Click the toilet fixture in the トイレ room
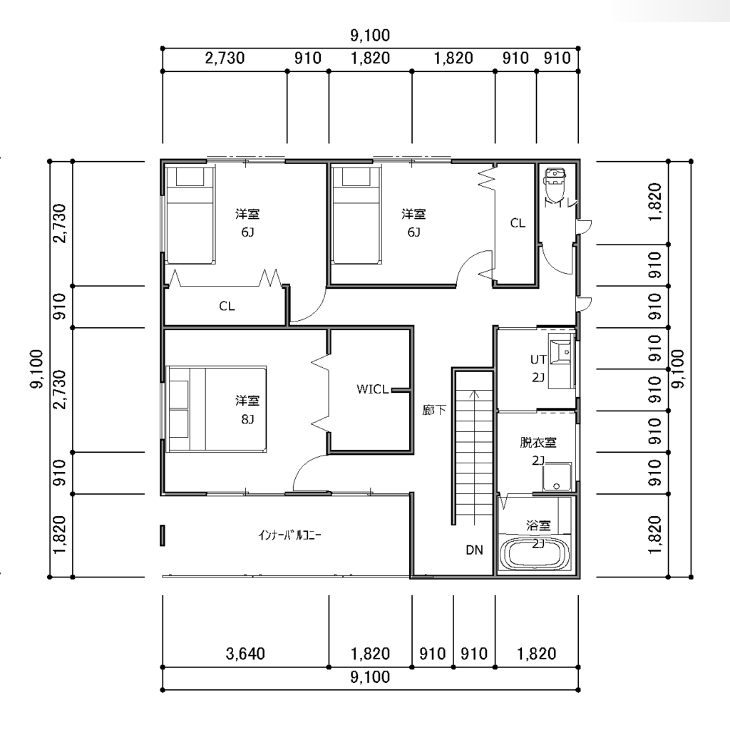(x=556, y=183)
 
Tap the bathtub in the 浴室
(x=535, y=554)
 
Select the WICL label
(x=372, y=389)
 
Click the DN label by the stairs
(x=474, y=550)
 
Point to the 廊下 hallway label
(x=434, y=410)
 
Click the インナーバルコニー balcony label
(x=289, y=535)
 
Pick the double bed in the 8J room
(x=217, y=408)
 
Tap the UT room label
(x=538, y=359)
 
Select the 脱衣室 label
(x=538, y=442)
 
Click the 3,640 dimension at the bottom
(x=245, y=654)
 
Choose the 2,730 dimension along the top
(x=225, y=58)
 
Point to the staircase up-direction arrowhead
(x=474, y=394)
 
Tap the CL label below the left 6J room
(x=227, y=306)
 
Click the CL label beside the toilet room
(x=518, y=223)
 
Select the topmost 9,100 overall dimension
(x=370, y=36)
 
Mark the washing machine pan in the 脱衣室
(x=557, y=477)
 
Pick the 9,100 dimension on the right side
(x=679, y=369)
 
